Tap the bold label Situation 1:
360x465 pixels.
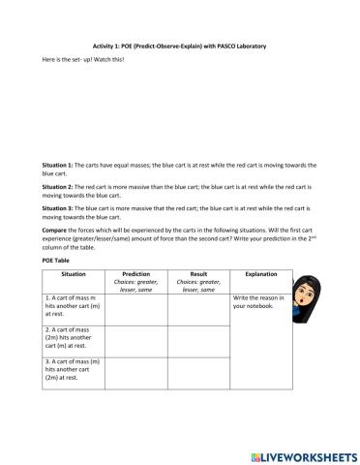(60, 166)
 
